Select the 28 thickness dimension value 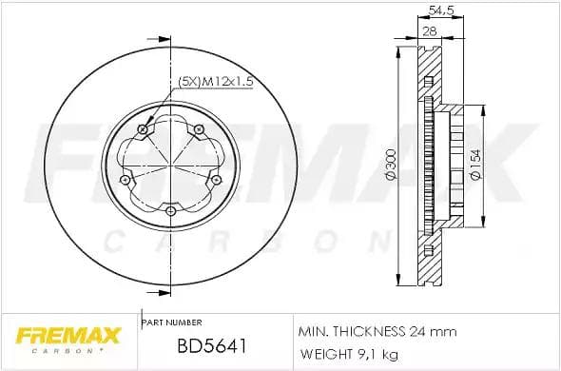pyautogui.click(x=429, y=32)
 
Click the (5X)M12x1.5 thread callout pyautogui.click(x=216, y=83)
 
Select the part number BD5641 pyautogui.click(x=198, y=348)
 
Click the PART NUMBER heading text pyautogui.click(x=171, y=323)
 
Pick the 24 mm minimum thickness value pyautogui.click(x=436, y=331)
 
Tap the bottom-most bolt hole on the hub pyautogui.click(x=169, y=210)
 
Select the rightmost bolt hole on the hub pyautogui.click(x=214, y=177)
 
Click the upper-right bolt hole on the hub pyautogui.click(x=198, y=128)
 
